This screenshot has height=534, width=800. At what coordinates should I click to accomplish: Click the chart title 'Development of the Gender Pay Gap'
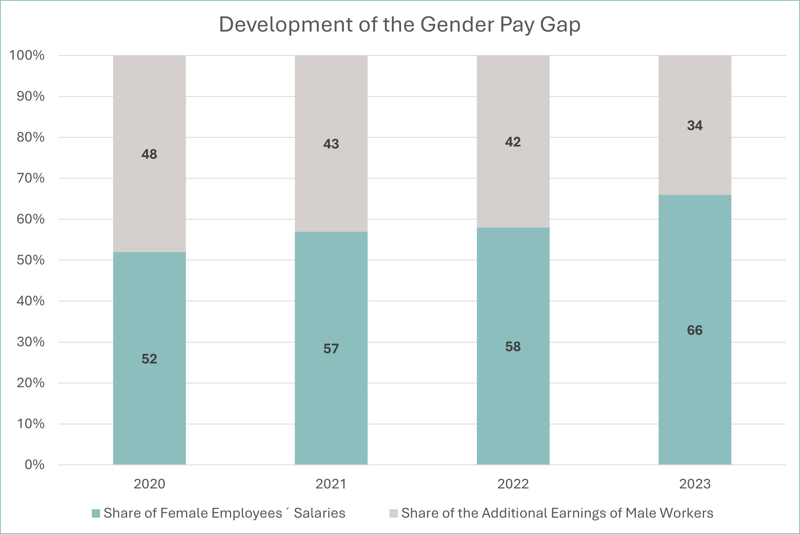(x=399, y=25)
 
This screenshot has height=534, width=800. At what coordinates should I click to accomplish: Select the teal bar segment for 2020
(x=149, y=358)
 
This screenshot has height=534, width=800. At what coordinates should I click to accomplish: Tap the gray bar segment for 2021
(x=331, y=143)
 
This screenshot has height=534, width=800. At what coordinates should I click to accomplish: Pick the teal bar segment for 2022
(x=513, y=346)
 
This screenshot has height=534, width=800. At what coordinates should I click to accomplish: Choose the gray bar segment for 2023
(x=695, y=125)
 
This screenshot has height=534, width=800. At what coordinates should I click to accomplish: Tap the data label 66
(x=695, y=330)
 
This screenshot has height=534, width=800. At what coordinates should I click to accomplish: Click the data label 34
(x=695, y=126)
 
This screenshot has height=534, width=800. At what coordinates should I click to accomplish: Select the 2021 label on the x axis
(x=331, y=484)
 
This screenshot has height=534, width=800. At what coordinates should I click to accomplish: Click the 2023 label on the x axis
(x=695, y=484)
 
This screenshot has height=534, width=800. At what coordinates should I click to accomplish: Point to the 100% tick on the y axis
(x=27, y=55)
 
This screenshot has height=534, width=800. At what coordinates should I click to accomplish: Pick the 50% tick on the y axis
(x=31, y=260)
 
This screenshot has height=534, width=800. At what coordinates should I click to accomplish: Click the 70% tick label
(x=31, y=178)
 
